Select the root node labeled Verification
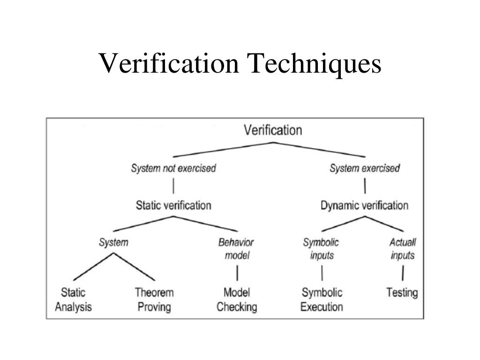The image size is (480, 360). [x=273, y=130]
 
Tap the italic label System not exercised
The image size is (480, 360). [x=173, y=168]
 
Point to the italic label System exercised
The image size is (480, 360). [x=365, y=168]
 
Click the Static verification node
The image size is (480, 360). [x=173, y=205]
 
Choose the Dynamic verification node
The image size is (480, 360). [x=364, y=205]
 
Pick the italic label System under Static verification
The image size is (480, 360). [x=113, y=243]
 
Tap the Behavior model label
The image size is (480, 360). [x=236, y=249]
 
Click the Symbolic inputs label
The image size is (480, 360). [x=321, y=249]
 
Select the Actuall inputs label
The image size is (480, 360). [x=403, y=249]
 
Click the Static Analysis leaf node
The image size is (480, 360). [x=74, y=300]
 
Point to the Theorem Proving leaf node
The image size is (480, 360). [x=154, y=300]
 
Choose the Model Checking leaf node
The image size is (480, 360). [x=237, y=300]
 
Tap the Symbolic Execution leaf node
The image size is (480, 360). [x=322, y=300]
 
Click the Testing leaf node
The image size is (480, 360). [x=402, y=293]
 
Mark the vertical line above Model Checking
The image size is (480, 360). [x=237, y=273]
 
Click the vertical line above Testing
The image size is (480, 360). [x=403, y=273]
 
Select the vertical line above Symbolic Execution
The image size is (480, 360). [x=322, y=273]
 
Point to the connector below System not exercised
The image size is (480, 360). [x=173, y=187]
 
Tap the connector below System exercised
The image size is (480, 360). [x=365, y=187]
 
